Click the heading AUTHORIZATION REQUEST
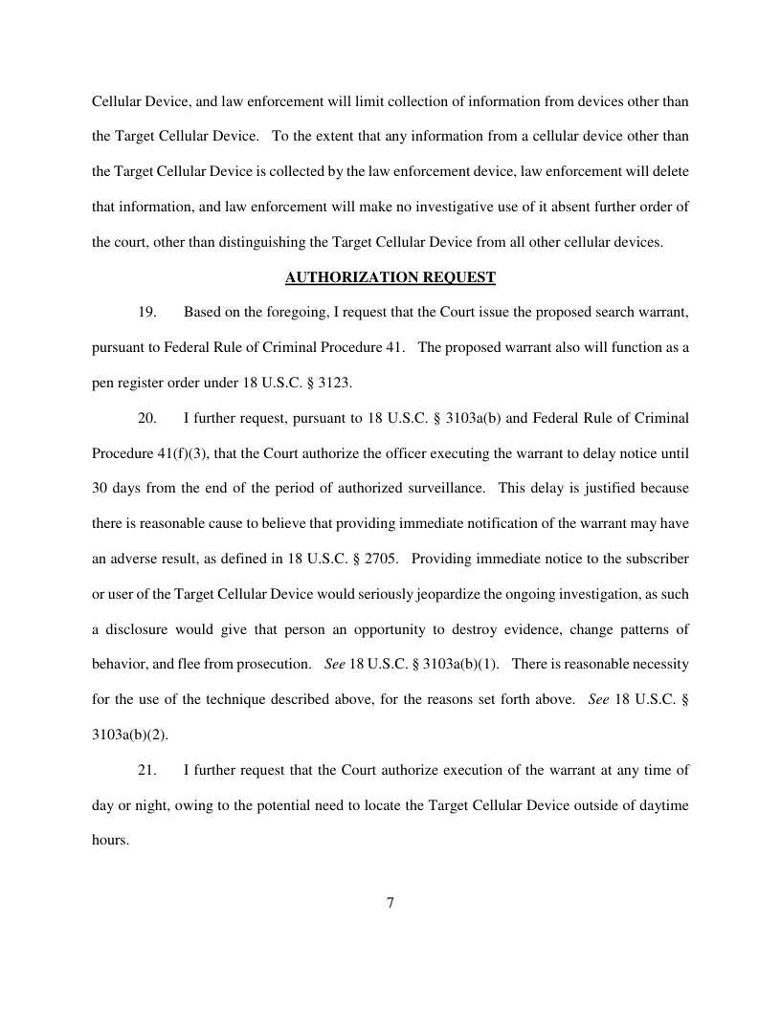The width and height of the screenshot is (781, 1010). click(390, 277)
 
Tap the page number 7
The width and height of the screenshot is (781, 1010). click(390, 903)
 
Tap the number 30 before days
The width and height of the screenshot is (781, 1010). click(100, 487)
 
